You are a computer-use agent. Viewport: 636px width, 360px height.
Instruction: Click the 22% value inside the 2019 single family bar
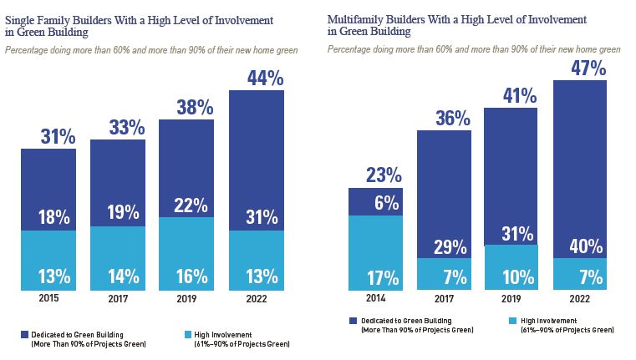tap(187, 205)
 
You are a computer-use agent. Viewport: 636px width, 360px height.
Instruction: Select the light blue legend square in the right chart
tap(511, 321)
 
